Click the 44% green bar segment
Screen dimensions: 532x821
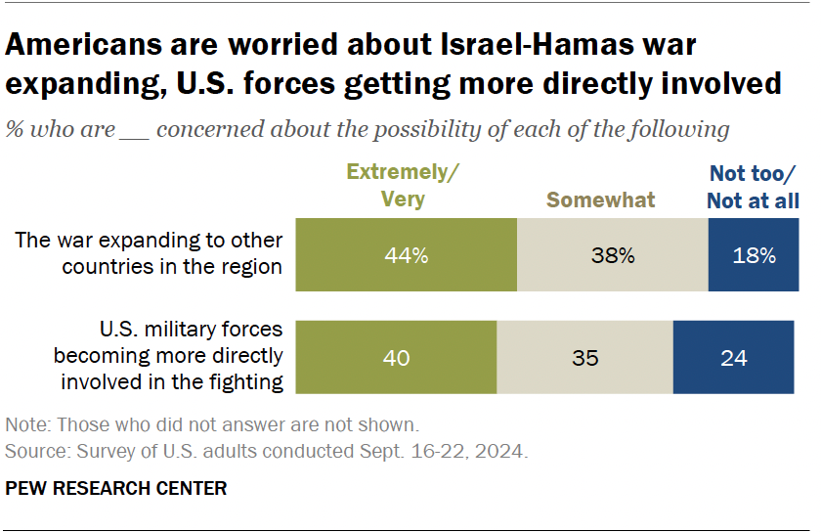pyautogui.click(x=406, y=256)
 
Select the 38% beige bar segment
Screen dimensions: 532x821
pyautogui.click(x=613, y=256)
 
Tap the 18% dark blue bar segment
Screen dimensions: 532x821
pyautogui.click(x=755, y=256)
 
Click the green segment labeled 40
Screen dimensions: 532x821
pyautogui.click(x=396, y=357)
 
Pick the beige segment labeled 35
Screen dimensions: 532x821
pyautogui.click(x=584, y=357)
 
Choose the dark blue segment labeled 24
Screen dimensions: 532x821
pyautogui.click(x=733, y=357)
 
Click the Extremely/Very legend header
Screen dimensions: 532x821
pyautogui.click(x=402, y=186)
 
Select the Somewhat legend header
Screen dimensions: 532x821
pyautogui.click(x=600, y=199)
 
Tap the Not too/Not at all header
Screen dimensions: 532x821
pyautogui.click(x=754, y=187)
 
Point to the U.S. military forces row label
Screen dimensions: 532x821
pyautogui.click(x=168, y=354)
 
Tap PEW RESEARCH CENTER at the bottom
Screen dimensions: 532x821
pyautogui.click(x=115, y=488)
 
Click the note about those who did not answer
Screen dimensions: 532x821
pyautogui.click(x=212, y=425)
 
